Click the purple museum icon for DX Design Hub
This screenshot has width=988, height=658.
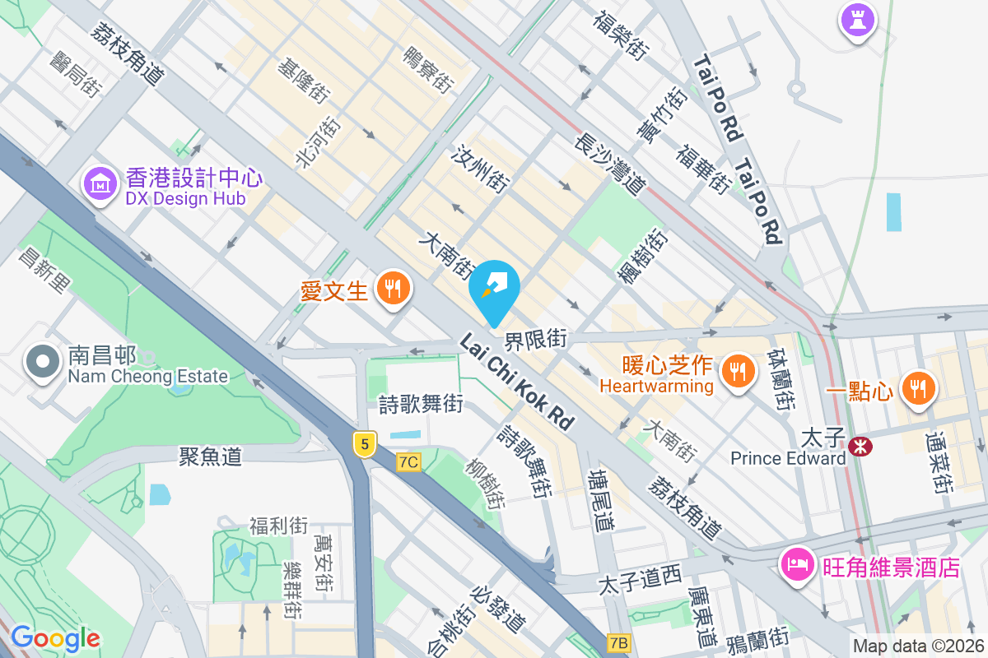[x=100, y=183]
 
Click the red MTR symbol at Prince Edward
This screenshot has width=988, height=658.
[x=861, y=446]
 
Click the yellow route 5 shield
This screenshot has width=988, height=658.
[x=365, y=445]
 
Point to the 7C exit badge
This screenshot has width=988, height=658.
[x=408, y=462]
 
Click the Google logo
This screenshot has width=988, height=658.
[x=55, y=637]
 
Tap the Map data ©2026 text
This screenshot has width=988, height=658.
[x=917, y=646]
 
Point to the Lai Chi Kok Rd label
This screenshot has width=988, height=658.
[x=516, y=382]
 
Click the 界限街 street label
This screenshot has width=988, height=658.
[x=536, y=338]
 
